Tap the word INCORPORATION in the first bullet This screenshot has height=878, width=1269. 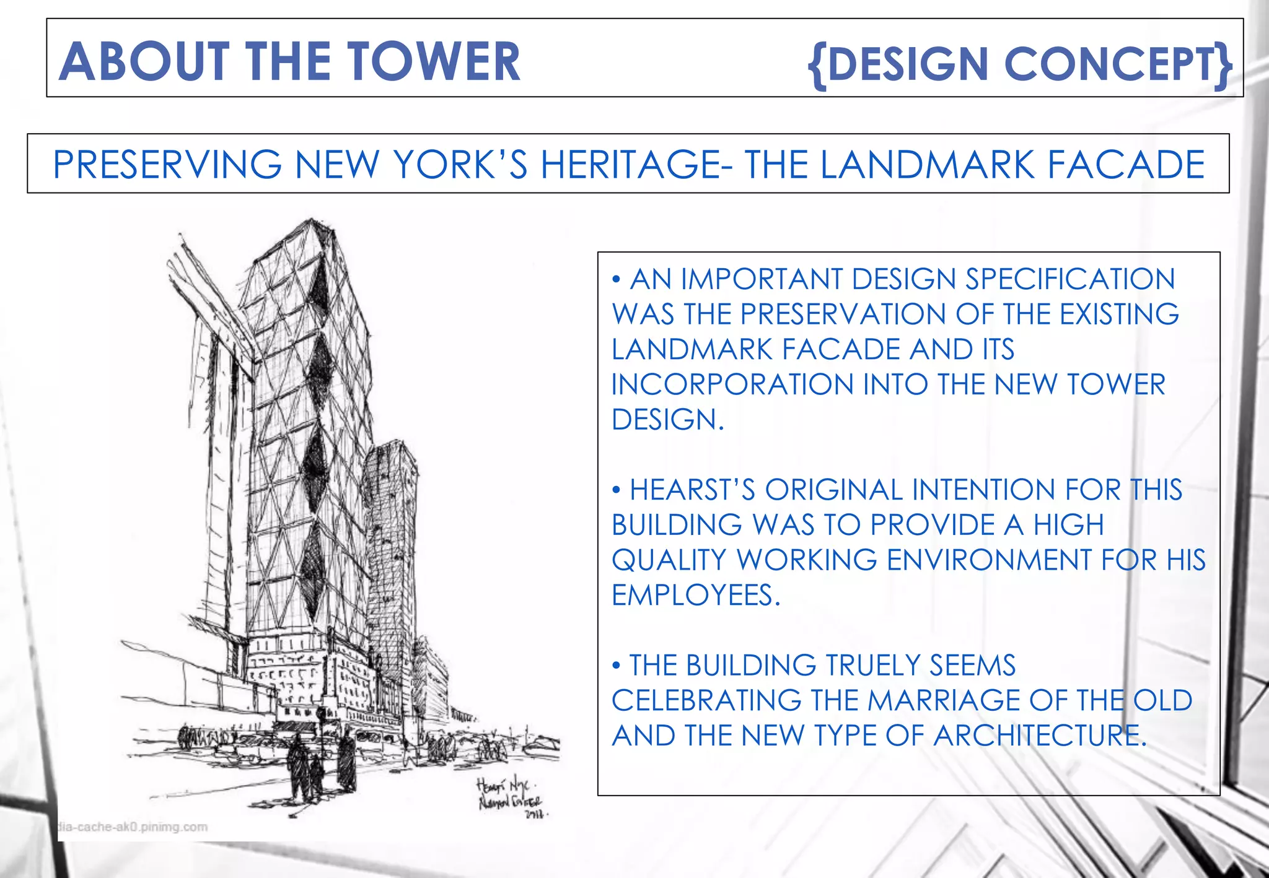pyautogui.click(x=732, y=385)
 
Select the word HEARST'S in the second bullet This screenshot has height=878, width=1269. pyautogui.click(x=693, y=490)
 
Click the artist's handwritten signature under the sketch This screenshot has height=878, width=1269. pyautogui.click(x=509, y=798)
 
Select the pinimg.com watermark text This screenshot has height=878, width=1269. pyautogui.click(x=133, y=827)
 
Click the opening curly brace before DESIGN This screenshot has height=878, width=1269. pyautogui.click(x=817, y=64)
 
